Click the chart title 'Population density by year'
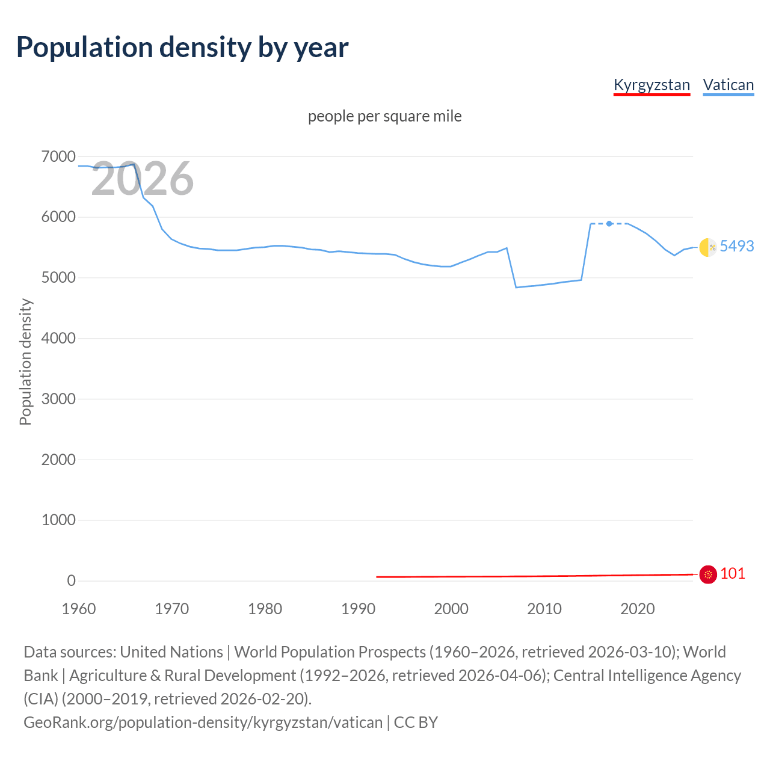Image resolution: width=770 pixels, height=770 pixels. pyautogui.click(x=182, y=48)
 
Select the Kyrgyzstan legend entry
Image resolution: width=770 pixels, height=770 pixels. pyautogui.click(x=651, y=85)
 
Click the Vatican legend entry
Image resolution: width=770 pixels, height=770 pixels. pyautogui.click(x=728, y=85)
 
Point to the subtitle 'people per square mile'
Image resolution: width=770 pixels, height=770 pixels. pyautogui.click(x=384, y=116)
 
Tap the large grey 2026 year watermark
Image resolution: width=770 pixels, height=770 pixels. pyautogui.click(x=143, y=179)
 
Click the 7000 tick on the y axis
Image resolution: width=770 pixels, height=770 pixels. pyautogui.click(x=58, y=157)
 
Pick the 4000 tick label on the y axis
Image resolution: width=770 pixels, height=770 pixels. pyautogui.click(x=58, y=339)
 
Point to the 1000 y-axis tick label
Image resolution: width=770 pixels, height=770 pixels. pyautogui.click(x=58, y=520)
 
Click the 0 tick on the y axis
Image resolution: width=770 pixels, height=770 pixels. pyautogui.click(x=71, y=581)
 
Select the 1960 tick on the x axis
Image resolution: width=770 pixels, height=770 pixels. pyautogui.click(x=79, y=609)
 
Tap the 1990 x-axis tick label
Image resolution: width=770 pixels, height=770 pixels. pyautogui.click(x=358, y=609)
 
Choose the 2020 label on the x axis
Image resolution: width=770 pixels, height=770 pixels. pyautogui.click(x=637, y=609)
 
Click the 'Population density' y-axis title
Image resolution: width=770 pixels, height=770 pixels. pyautogui.click(x=25, y=362)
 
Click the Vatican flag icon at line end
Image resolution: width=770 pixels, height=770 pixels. pyautogui.click(x=708, y=247)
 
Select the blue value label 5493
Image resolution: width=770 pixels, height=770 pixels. pyautogui.click(x=736, y=246)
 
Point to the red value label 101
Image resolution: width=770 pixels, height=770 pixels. pyautogui.click(x=732, y=573)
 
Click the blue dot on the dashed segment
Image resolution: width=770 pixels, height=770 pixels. pyautogui.click(x=609, y=224)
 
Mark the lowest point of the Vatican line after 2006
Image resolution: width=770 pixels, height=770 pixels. pyautogui.click(x=516, y=288)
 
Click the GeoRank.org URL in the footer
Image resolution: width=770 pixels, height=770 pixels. pyautogui.click(x=203, y=722)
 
